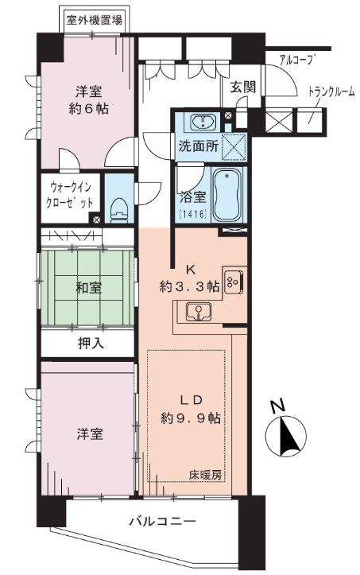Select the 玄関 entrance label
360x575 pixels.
point(243,87)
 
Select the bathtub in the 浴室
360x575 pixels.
point(230,194)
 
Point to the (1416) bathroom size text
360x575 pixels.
point(192,215)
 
